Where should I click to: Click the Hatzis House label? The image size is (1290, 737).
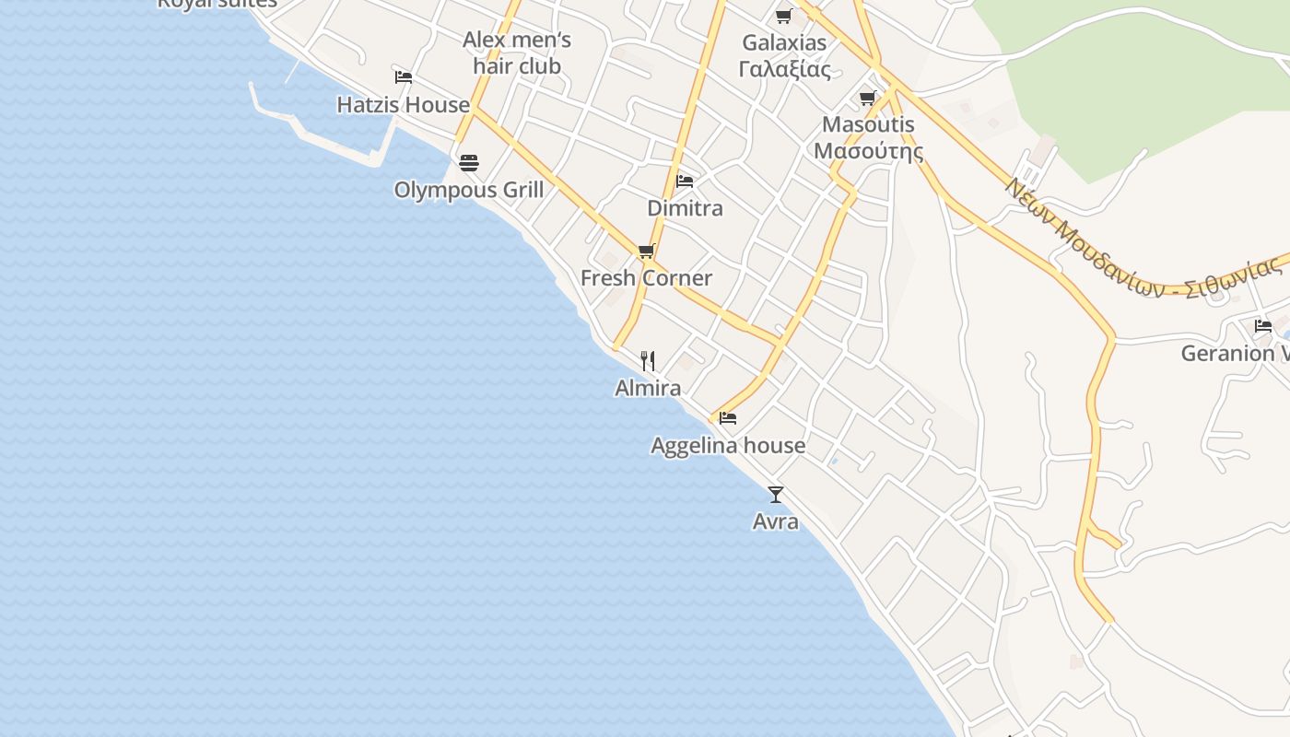coord(403,105)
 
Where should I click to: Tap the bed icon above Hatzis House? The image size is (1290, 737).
coord(403,76)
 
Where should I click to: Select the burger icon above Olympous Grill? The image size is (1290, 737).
coord(469,163)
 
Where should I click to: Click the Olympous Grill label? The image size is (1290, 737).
coord(468,190)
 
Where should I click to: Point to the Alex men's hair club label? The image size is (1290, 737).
coord(517,53)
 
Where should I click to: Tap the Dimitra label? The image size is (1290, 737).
coord(685,208)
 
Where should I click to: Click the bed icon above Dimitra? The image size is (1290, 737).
coord(685,181)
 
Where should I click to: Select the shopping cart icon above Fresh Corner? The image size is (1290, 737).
coord(647,251)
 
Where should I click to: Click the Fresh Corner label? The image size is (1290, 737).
coord(646,278)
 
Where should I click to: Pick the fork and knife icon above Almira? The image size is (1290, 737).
coord(648,360)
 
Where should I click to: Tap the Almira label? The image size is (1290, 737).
coord(648,388)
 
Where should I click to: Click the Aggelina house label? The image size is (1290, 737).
coord(728,446)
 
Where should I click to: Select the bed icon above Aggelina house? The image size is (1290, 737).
coord(728,418)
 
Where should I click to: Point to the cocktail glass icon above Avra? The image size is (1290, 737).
coord(776,495)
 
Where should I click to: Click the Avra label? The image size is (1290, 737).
coord(776,521)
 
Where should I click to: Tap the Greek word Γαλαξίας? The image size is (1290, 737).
coord(784,69)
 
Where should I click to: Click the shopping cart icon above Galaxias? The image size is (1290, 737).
coord(784,16)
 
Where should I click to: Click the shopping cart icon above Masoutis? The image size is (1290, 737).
coord(868,98)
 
